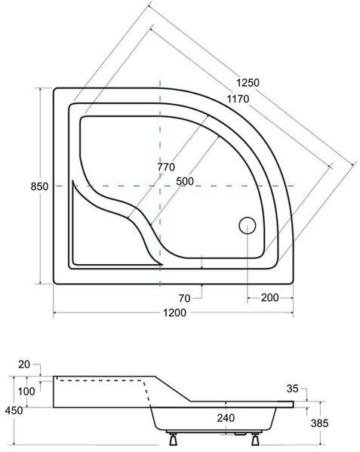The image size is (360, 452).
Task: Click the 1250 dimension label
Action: [x=248, y=83]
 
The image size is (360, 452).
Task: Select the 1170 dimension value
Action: [x=238, y=99]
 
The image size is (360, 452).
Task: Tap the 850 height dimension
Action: [x=39, y=187]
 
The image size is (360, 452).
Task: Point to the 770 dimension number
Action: [x=166, y=167]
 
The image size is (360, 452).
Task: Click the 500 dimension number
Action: [x=185, y=181]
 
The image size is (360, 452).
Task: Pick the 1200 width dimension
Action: [x=174, y=312]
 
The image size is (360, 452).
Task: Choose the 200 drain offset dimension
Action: [x=269, y=297]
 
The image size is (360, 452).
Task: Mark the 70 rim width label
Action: [x=184, y=298]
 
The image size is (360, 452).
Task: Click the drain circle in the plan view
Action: [x=248, y=226]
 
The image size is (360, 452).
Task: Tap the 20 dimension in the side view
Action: [x=24, y=364]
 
